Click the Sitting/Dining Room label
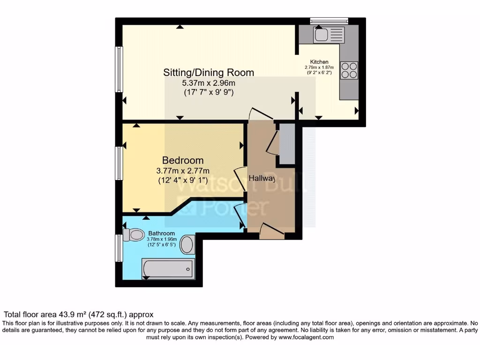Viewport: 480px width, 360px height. click(209, 73)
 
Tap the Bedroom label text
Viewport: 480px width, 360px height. click(183, 160)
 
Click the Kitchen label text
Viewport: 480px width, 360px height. click(319, 62)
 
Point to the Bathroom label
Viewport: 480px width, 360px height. click(162, 233)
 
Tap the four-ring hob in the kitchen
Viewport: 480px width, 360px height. click(349, 70)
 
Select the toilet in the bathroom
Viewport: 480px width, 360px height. click(134, 234)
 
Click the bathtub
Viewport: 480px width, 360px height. click(168, 269)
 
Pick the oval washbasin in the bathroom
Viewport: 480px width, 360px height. click(187, 244)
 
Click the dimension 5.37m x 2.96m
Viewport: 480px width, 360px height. click(209, 83)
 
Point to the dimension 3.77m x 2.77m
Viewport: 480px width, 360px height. click(183, 171)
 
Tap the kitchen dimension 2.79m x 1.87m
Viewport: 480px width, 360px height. click(319, 67)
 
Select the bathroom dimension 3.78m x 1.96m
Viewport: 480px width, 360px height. click(162, 239)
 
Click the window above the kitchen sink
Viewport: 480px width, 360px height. click(329, 21)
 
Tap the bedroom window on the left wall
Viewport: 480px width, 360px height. click(120, 163)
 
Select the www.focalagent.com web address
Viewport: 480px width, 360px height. click(306, 337)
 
